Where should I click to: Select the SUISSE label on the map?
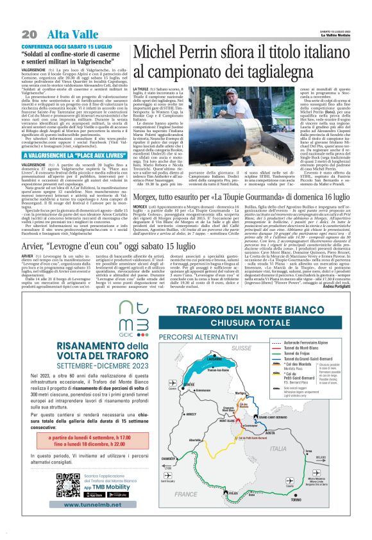(242, 348)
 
